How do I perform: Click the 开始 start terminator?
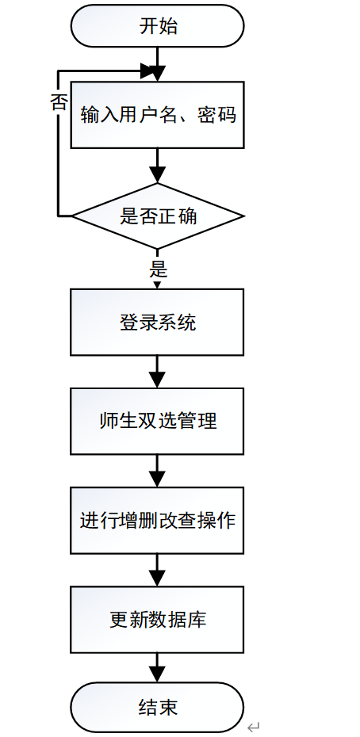tap(157, 27)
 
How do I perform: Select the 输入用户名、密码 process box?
tap(157, 115)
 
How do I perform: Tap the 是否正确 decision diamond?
tap(157, 216)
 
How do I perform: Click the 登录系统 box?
tap(157, 322)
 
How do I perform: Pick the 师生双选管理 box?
tap(157, 421)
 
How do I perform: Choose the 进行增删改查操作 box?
tap(157, 521)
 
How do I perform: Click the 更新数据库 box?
tap(157, 620)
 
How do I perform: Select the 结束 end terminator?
tap(157, 707)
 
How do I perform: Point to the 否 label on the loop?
tap(59, 102)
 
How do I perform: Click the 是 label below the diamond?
tap(158, 269)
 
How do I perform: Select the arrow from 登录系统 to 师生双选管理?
tap(157, 371)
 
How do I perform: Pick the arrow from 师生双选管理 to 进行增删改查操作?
tap(157, 471)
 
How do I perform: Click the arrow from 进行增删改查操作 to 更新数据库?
tap(157, 570)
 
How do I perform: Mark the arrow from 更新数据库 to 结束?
tap(157, 667)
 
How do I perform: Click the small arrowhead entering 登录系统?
tap(157, 284)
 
